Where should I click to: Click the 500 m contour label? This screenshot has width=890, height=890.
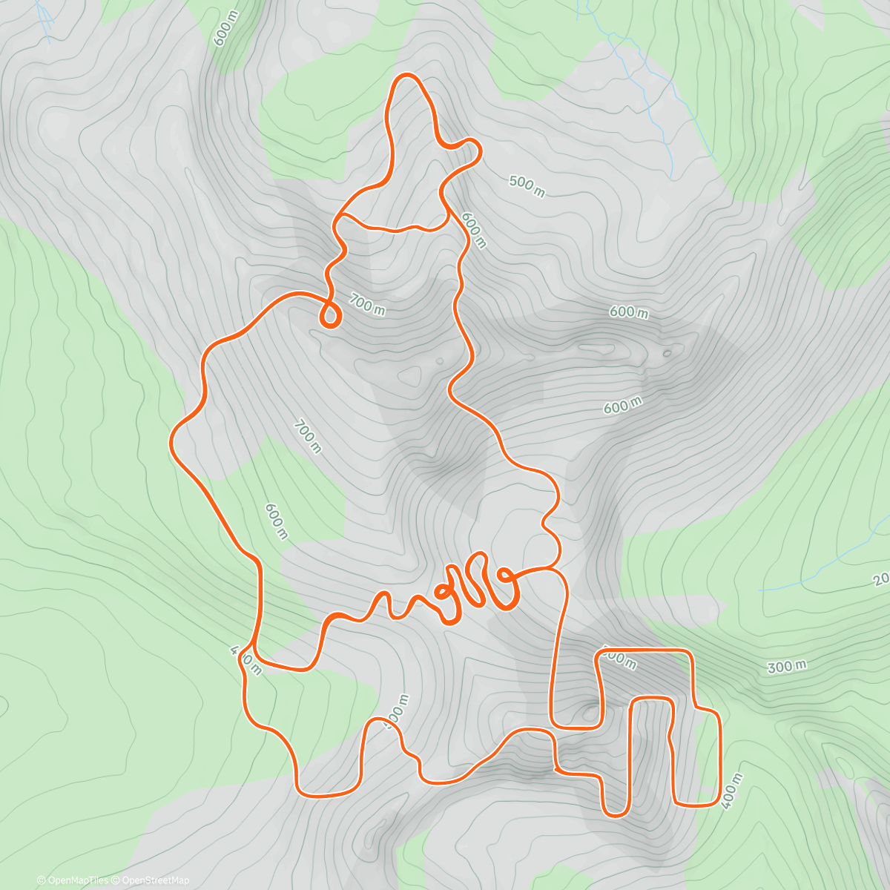click(527, 185)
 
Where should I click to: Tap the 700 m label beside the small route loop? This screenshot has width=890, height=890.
click(367, 305)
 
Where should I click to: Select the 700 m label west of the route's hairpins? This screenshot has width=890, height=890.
click(308, 437)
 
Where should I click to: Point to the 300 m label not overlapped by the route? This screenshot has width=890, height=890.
click(786, 667)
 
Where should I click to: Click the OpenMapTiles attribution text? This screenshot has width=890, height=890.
click(73, 880)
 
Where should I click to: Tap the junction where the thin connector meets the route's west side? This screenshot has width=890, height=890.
click(337, 220)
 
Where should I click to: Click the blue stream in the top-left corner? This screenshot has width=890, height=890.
click(46, 22)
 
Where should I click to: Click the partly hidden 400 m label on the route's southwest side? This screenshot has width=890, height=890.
click(245, 661)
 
